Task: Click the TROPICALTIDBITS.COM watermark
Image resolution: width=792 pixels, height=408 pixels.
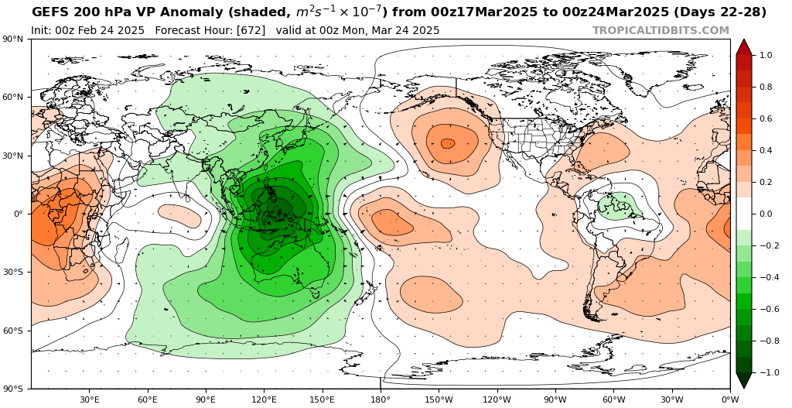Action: point(661,31)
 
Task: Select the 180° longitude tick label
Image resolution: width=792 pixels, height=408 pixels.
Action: point(381,399)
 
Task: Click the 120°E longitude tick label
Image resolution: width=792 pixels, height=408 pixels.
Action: point(264,399)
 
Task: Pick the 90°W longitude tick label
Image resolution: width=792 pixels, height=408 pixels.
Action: point(555,399)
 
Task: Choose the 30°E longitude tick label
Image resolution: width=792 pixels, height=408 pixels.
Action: point(89,399)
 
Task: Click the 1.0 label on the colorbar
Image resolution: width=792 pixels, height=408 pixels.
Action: point(766,56)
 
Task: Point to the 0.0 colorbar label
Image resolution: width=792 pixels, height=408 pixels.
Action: point(766,214)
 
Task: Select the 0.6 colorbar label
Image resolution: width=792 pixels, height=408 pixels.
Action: point(766,119)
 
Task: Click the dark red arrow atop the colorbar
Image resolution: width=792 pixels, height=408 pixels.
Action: point(744,46)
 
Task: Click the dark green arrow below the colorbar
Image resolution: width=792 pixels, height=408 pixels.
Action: point(744,381)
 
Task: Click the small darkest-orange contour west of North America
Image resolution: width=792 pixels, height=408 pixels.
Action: point(448,143)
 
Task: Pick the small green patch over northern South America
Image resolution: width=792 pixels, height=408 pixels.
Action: point(619,205)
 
